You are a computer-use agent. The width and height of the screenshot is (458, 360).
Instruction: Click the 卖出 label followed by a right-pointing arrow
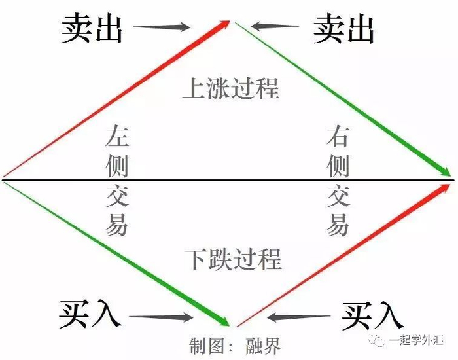(92, 29)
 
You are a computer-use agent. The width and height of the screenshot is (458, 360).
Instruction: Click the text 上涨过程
(231, 88)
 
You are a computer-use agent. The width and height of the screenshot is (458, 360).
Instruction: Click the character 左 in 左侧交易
(117, 137)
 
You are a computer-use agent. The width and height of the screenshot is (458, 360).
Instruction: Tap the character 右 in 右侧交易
(338, 137)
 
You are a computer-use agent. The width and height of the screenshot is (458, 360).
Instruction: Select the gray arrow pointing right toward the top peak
(164, 27)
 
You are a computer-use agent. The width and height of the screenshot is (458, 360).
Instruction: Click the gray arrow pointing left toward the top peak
(273, 27)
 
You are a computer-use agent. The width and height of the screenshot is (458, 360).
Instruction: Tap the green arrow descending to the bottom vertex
(118, 253)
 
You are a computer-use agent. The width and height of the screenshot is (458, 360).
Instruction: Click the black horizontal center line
(229, 179)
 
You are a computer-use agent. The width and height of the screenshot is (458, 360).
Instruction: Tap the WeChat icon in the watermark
(378, 340)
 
